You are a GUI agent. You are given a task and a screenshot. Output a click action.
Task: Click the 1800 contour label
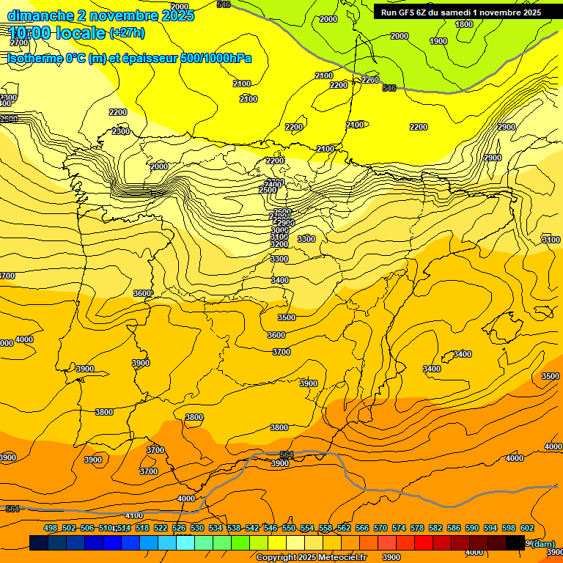[x=464, y=24]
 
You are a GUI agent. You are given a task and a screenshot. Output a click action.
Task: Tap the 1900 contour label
[x=438, y=41]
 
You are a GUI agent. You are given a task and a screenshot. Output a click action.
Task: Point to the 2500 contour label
[x=268, y=190]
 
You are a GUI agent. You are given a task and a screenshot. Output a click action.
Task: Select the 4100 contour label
[x=134, y=515]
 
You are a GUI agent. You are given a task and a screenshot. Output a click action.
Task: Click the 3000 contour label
[x=279, y=230]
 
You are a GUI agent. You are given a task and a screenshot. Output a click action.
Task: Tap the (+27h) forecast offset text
[x=127, y=33]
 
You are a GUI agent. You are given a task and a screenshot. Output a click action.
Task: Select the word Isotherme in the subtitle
[x=34, y=59]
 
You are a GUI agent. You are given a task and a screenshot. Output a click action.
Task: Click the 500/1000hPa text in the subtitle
[x=216, y=59]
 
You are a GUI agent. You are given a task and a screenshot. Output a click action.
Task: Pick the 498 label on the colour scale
[x=51, y=528]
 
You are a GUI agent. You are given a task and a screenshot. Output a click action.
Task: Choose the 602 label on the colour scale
[x=527, y=528]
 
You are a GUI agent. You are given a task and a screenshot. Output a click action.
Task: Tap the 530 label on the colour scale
[x=197, y=528]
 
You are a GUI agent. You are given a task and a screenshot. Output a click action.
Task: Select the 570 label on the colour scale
[x=380, y=528]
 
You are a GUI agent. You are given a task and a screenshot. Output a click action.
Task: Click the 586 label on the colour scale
[x=454, y=528]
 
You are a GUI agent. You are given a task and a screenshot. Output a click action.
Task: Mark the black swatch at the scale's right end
[x=515, y=542]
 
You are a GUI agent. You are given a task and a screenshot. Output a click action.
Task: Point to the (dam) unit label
[x=542, y=543]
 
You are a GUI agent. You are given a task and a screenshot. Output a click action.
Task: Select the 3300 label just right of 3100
[x=306, y=239]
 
